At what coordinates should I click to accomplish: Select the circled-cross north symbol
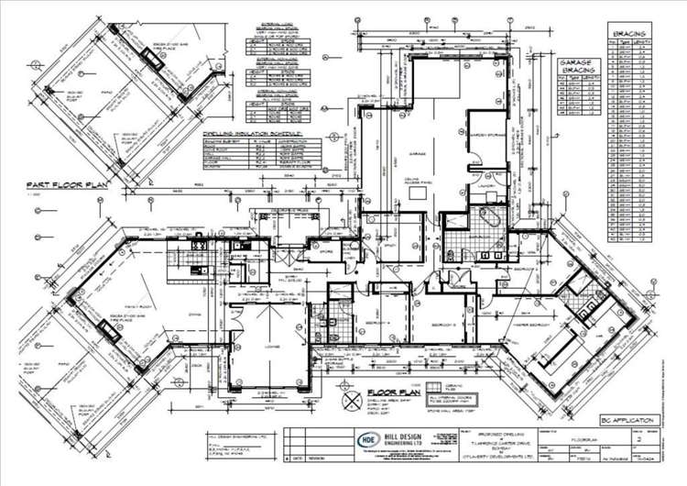click(x=349, y=402)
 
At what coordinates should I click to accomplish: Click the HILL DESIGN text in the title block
click(x=386, y=434)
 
